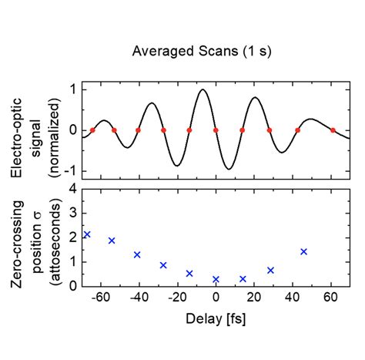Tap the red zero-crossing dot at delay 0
216,130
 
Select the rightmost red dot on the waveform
333,130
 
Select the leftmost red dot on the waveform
92,130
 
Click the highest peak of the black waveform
203,90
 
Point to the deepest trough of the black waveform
229,169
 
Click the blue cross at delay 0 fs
216,279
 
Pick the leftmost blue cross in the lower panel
87,234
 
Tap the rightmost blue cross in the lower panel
303,251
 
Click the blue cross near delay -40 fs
137,254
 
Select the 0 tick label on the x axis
216,298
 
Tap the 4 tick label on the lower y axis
72,188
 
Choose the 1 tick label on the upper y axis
72,89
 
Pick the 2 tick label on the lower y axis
72,237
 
